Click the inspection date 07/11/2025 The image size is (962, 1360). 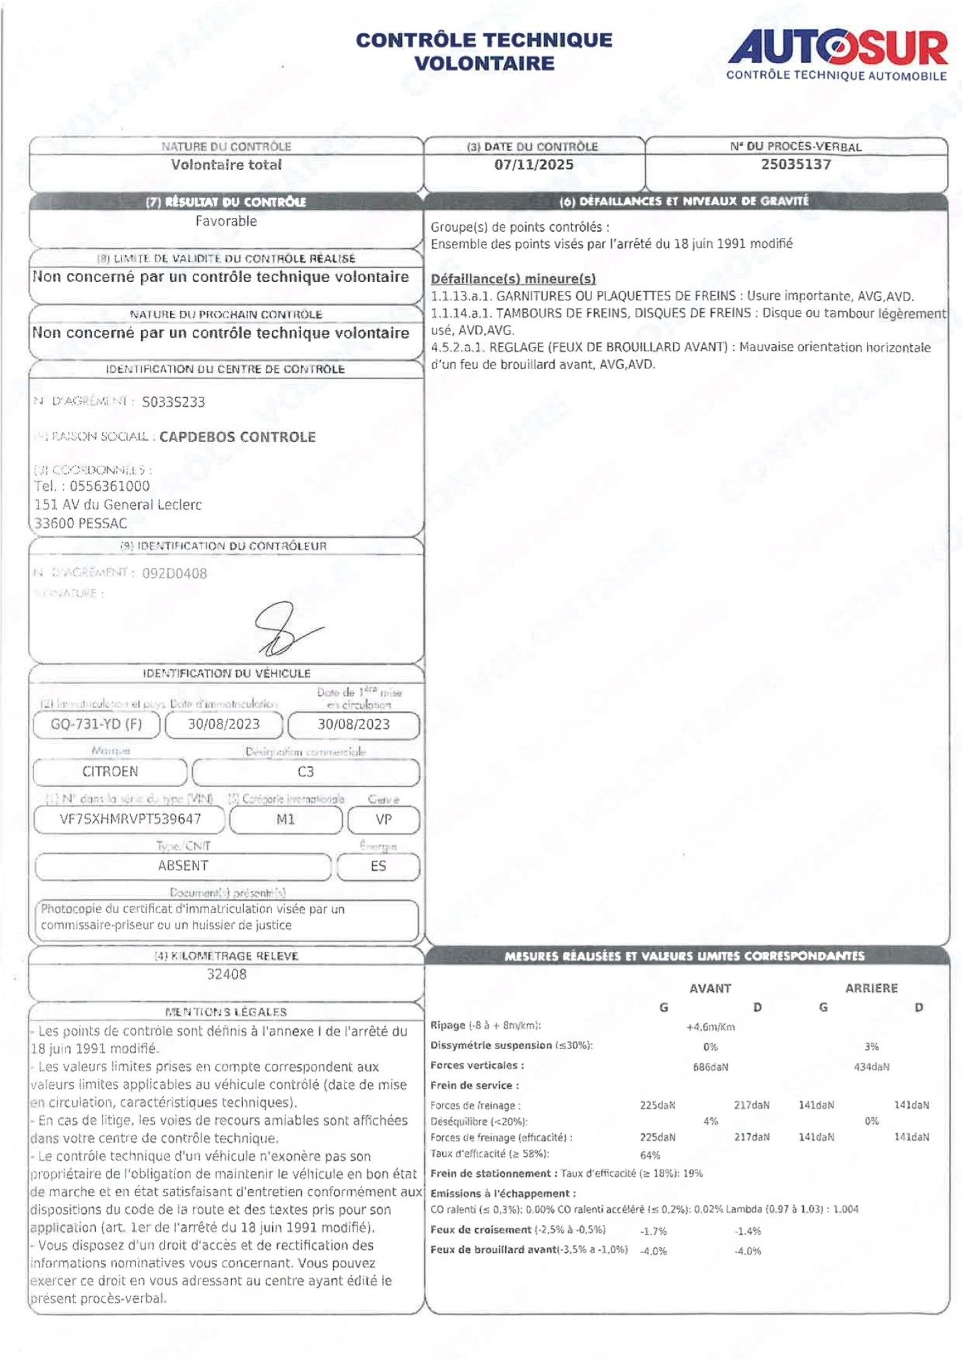534,165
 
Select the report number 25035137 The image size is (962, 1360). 796,164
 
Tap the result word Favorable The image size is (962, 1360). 226,221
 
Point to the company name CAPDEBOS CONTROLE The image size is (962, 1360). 237,437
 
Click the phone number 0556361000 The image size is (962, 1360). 110,486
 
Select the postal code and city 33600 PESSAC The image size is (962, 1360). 81,523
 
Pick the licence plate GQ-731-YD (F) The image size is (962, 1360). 96,724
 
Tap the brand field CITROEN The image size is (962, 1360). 110,771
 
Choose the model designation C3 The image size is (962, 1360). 306,772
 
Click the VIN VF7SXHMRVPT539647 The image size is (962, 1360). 130,819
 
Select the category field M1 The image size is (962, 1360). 285,819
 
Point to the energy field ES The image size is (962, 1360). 378,866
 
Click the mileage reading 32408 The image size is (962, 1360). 227,974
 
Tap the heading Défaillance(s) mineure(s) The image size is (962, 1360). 513,279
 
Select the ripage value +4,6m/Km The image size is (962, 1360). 711,1027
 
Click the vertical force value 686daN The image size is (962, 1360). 711,1067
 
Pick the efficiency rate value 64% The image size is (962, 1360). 650,1155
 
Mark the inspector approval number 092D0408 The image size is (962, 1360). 175,573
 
